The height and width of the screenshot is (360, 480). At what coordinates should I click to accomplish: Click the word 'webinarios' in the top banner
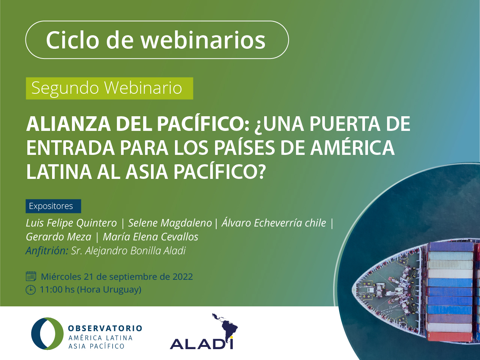tap(203, 40)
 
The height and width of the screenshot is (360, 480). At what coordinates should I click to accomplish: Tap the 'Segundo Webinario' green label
tap(109, 88)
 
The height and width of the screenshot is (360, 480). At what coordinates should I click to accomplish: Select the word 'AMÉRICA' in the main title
tap(353, 148)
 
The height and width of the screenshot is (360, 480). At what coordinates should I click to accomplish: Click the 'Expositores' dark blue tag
tap(53, 206)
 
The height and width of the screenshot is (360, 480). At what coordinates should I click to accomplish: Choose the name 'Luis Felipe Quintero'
tap(71, 223)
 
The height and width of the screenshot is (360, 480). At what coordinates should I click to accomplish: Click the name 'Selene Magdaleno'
tap(170, 223)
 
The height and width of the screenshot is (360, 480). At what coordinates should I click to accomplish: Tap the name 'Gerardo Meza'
tap(58, 237)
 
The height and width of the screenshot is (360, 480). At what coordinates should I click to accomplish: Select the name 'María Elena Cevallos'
tap(151, 237)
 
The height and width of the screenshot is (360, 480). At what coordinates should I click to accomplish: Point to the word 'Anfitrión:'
tap(47, 250)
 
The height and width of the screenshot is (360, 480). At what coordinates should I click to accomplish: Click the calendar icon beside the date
tap(31, 276)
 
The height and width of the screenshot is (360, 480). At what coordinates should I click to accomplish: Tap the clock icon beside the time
tap(31, 290)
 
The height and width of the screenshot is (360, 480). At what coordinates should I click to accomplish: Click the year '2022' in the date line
tap(183, 277)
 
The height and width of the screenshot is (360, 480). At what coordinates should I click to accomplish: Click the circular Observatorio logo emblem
tap(48, 333)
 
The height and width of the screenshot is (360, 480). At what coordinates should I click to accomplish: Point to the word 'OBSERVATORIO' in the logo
tap(105, 328)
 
